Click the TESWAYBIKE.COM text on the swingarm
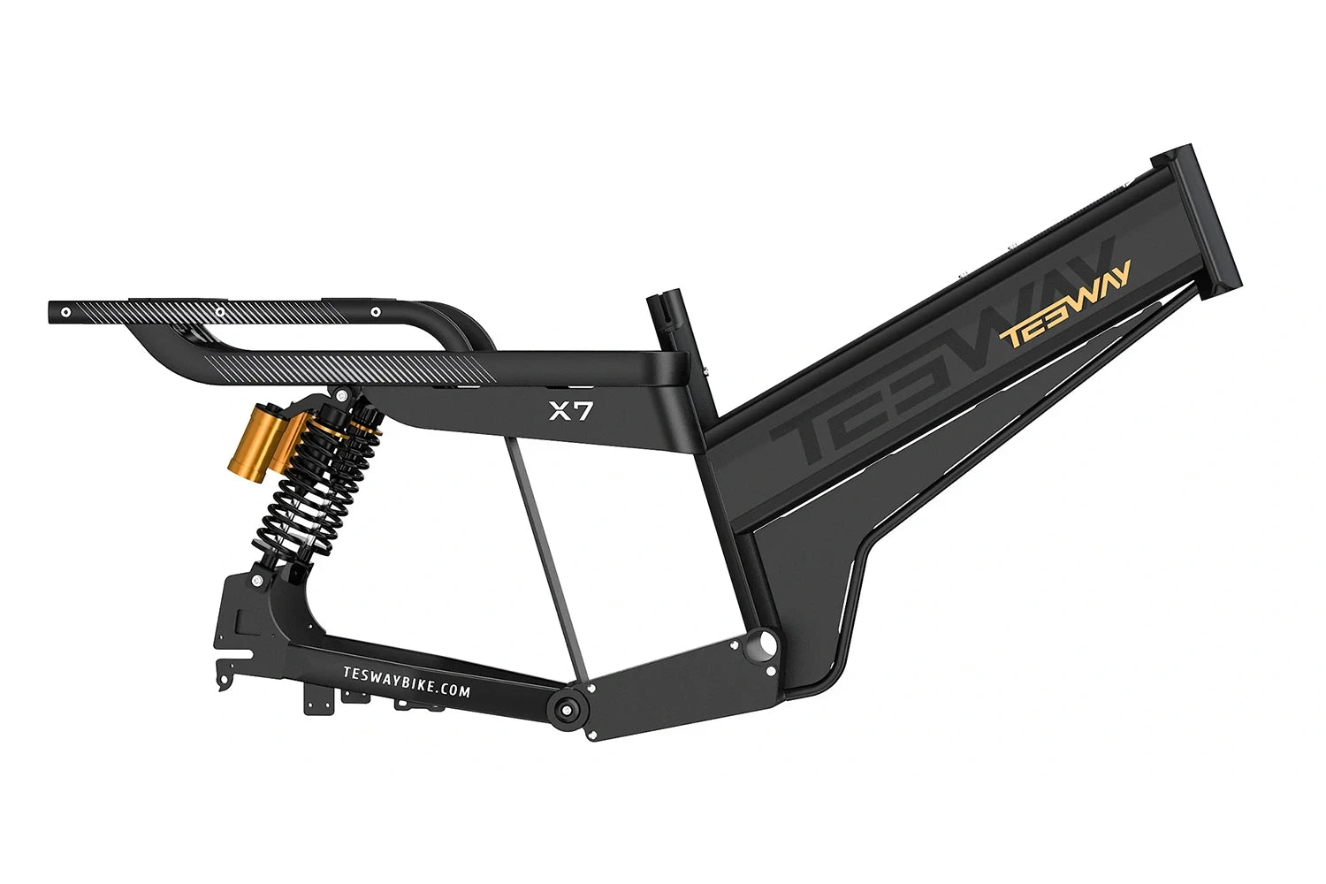406,682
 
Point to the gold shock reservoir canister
248,438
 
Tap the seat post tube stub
666,323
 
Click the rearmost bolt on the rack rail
65,311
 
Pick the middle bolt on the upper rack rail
220,311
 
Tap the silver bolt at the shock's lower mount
257,581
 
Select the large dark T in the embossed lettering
809,438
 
